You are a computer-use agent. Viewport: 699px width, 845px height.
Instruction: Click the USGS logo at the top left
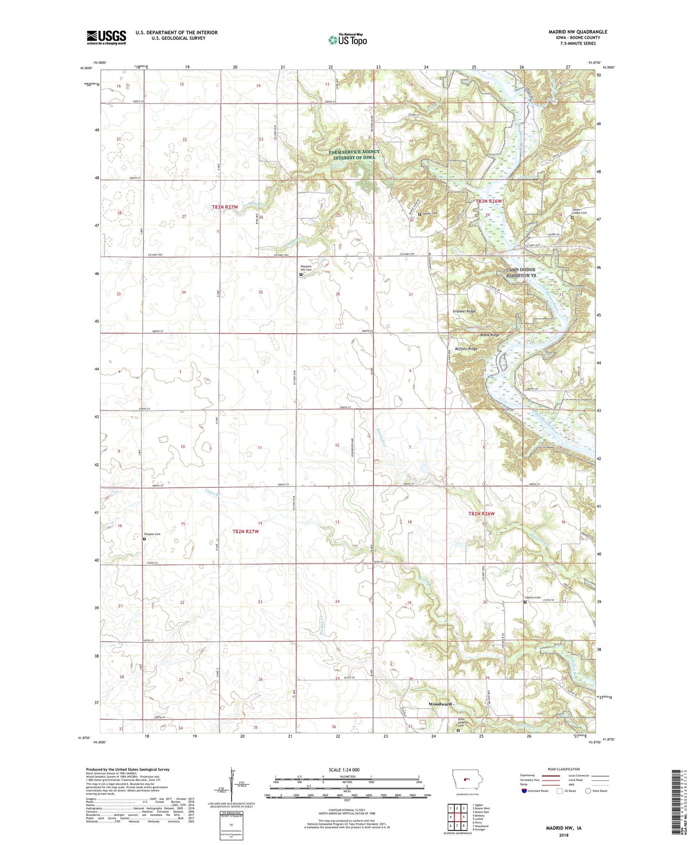tap(106, 37)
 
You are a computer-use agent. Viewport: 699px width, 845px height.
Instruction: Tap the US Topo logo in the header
tap(347, 40)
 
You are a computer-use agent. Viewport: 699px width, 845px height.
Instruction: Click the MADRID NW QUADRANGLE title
tap(578, 32)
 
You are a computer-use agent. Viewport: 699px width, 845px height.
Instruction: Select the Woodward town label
tap(440, 704)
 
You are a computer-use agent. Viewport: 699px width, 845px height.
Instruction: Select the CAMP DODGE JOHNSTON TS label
tap(521, 272)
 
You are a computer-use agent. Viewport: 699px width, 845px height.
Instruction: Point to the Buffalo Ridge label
tap(466, 349)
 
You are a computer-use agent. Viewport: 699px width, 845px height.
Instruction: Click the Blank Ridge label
tap(490, 335)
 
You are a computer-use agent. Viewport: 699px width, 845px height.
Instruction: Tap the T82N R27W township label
tap(246, 531)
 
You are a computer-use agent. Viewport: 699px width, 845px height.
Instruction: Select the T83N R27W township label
tap(225, 207)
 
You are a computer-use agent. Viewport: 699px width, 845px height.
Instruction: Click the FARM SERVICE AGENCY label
tap(354, 152)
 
